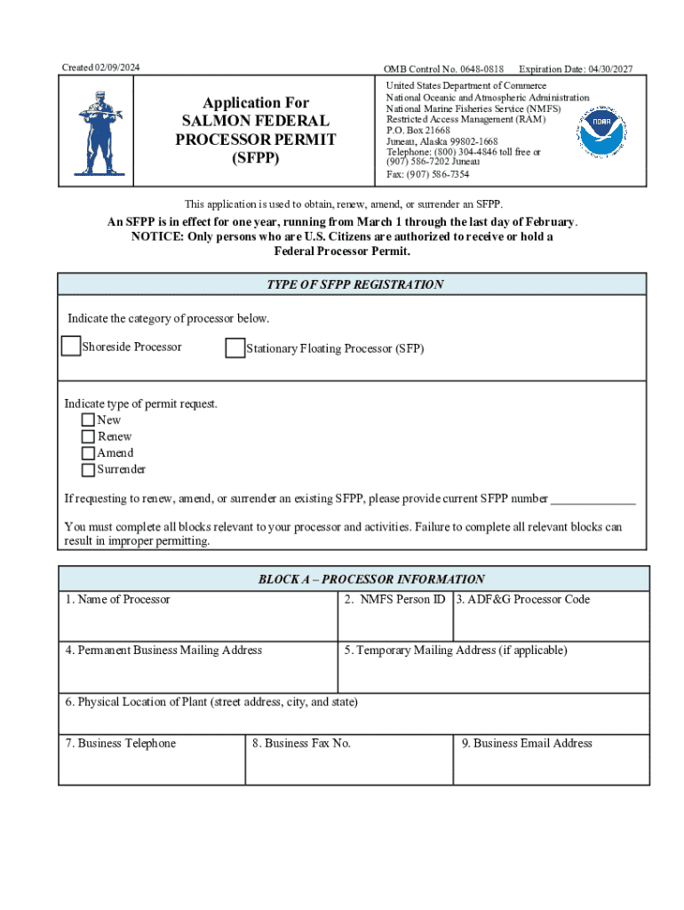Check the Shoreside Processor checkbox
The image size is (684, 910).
[x=71, y=347]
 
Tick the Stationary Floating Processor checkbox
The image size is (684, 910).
[x=235, y=348]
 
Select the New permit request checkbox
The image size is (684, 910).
[x=88, y=419]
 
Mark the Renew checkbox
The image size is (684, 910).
[x=88, y=436]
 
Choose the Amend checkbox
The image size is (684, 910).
[x=88, y=453]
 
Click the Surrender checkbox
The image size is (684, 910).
[x=88, y=470]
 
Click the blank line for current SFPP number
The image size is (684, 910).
[x=593, y=498]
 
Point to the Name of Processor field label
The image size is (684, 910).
[x=117, y=600]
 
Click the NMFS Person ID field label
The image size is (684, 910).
[x=394, y=600]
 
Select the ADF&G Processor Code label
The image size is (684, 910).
[x=523, y=600]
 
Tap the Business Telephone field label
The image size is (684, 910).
[x=121, y=744]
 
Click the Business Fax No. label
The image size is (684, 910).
[x=301, y=744]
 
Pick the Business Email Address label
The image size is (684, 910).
[x=527, y=744]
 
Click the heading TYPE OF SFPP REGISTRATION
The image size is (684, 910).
[x=354, y=285]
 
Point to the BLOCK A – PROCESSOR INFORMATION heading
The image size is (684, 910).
[x=371, y=579]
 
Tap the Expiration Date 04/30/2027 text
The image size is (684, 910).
[x=576, y=69]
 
